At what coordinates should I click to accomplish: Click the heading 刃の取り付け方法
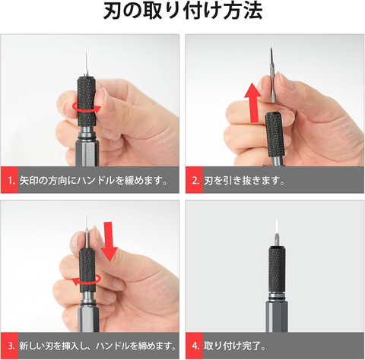pyautogui.click(x=182, y=11)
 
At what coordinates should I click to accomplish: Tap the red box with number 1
pyautogui.click(x=9, y=180)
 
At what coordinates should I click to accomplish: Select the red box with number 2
pyautogui.click(x=194, y=180)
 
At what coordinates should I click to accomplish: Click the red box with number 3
pyautogui.click(x=9, y=346)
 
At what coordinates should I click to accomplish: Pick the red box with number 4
pyautogui.click(x=194, y=346)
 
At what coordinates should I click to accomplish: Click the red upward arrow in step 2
pyautogui.click(x=252, y=103)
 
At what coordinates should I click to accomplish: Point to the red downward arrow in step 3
pyautogui.click(x=109, y=242)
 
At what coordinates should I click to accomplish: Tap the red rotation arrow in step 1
pyautogui.click(x=86, y=107)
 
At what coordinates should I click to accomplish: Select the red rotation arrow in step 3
pyautogui.click(x=86, y=279)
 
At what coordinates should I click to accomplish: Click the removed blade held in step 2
pyautogui.click(x=272, y=75)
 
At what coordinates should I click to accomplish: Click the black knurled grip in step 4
pyautogui.click(x=277, y=269)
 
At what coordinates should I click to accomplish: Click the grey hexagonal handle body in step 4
pyautogui.click(x=277, y=316)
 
